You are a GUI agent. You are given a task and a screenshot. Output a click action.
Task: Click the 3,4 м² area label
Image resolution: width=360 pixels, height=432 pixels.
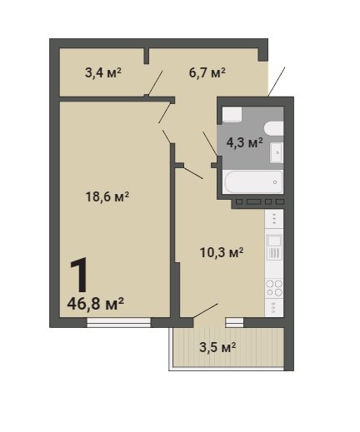point(103,73)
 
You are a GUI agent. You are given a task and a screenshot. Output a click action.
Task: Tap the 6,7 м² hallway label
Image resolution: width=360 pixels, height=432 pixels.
point(207,73)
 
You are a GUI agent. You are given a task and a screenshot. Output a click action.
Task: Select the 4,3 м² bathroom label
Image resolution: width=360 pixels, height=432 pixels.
point(244,143)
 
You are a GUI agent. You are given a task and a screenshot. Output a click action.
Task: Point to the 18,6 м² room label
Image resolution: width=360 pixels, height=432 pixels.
point(107,196)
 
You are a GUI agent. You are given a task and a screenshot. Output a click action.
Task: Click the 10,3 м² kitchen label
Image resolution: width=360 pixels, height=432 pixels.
point(222,252)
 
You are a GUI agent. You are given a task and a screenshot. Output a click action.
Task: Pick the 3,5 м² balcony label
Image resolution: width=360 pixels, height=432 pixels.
point(217,347)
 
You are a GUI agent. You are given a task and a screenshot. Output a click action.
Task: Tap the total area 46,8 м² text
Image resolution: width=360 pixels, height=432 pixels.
point(95,304)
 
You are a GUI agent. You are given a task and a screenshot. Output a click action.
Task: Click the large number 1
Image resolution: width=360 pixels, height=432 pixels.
point(79,276)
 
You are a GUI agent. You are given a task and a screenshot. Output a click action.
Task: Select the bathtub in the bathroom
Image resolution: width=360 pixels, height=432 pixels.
point(253,181)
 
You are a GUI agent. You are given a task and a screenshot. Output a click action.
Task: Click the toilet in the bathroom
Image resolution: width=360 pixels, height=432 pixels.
point(273,128)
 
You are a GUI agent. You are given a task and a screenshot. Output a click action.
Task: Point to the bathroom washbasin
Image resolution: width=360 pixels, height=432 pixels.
point(277,152)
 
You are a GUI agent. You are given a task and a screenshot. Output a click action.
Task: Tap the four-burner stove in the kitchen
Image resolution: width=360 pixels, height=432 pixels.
point(274,288)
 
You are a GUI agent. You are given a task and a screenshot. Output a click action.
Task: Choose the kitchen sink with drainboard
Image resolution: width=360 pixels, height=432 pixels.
point(274,247)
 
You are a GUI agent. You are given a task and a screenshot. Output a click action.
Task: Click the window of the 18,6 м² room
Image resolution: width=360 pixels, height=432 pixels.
point(118,322)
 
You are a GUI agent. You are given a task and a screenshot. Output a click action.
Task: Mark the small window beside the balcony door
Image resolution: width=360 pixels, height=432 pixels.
point(234,322)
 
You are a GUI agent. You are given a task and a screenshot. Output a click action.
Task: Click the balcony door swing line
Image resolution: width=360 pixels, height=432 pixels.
point(206,310)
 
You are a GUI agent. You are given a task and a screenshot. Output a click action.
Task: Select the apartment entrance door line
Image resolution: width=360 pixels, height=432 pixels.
point(277,82)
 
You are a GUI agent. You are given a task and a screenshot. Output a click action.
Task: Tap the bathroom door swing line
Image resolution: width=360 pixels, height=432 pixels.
point(210,144)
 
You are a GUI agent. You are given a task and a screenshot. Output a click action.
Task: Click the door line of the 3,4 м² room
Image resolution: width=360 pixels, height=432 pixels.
point(155,83)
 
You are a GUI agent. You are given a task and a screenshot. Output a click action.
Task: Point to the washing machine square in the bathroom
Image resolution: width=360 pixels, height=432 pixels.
point(232,115)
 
